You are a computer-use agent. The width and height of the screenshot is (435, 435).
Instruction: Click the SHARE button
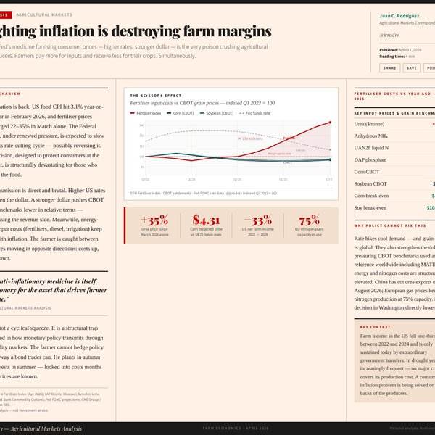pos(389,67)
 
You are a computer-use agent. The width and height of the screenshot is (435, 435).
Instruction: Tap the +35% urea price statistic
pos(154,220)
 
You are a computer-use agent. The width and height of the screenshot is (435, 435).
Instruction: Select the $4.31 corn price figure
pos(206,220)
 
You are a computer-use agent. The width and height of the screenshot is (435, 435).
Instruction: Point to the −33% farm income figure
pos(257,220)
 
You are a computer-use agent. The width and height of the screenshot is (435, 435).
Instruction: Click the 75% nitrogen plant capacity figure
pos(309,220)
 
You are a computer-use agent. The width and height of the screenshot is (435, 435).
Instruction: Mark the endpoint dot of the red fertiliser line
pos(330,123)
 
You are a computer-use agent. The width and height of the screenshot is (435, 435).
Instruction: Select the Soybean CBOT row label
pos(372,183)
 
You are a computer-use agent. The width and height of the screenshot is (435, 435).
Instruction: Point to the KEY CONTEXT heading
pos(375,327)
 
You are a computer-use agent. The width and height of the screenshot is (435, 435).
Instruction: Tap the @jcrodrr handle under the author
pos(390,34)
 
